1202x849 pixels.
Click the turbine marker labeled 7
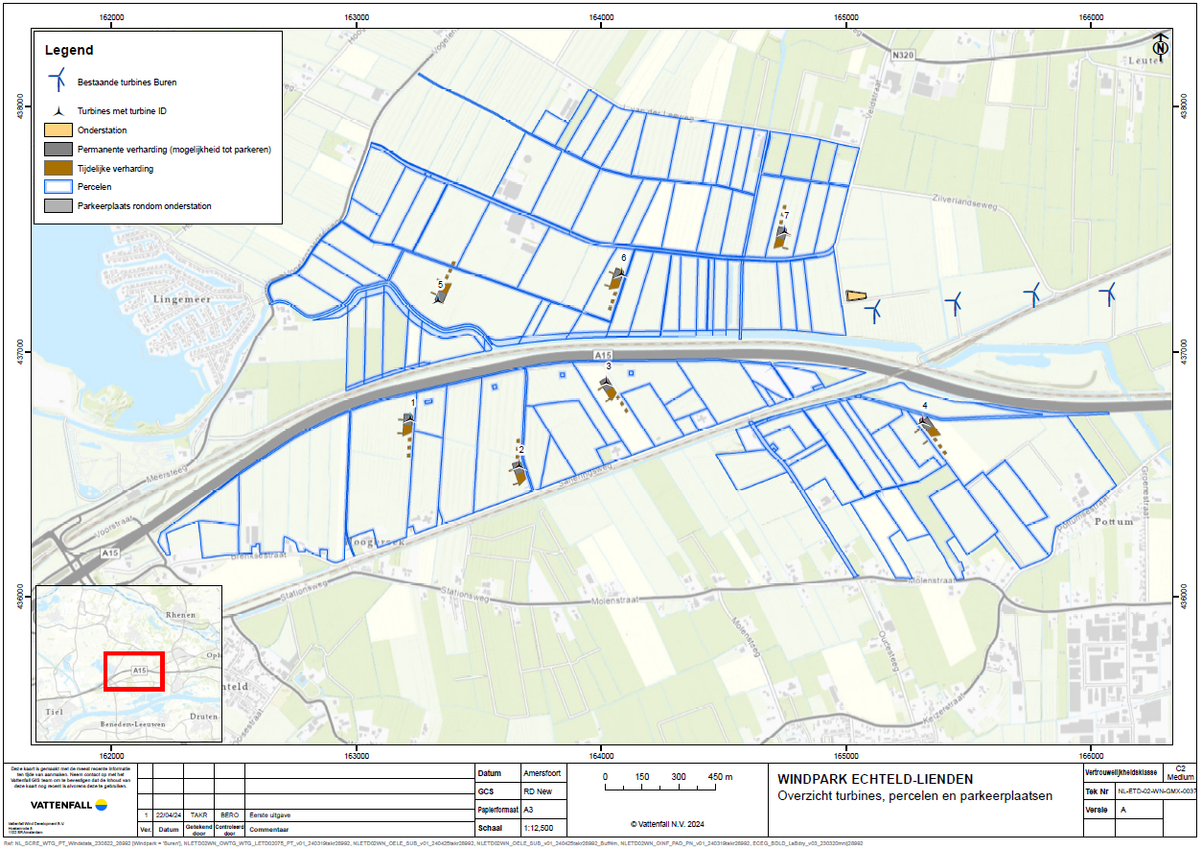coord(782,229)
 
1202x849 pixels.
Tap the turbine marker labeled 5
coord(440,296)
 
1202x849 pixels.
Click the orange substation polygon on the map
coord(857,296)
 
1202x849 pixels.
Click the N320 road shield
coord(901,56)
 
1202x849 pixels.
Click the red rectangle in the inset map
coord(133,671)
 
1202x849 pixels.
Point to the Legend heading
coord(68,50)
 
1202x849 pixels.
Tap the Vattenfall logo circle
coord(101,804)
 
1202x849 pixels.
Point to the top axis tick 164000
coord(600,18)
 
